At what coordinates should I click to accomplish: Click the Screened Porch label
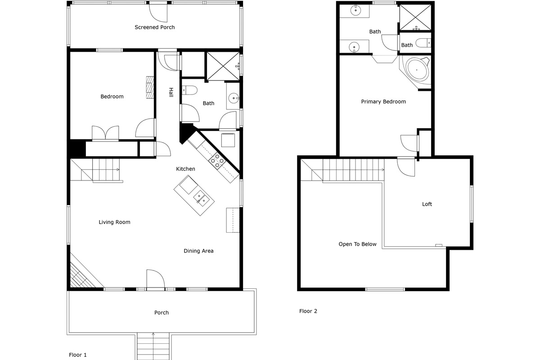point(154,27)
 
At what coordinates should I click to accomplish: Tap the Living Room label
point(114,222)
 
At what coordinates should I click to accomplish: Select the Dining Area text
point(198,251)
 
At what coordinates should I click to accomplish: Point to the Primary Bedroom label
point(383,102)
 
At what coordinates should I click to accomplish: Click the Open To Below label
point(357,244)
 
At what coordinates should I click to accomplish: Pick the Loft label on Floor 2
point(427,204)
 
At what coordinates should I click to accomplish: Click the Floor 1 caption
point(77,355)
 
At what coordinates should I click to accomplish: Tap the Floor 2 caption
point(308,311)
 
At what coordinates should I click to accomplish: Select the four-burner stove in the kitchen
point(217,161)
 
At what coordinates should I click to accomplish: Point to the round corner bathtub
point(417,70)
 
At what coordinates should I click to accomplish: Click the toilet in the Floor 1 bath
point(189,90)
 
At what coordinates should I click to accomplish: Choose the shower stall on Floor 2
point(415,18)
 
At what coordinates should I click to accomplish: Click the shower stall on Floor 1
point(223,66)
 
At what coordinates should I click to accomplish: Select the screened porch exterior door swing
point(158,13)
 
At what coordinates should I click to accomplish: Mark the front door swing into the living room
point(156,279)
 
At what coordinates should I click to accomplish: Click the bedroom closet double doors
point(105,133)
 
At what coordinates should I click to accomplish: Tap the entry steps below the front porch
point(153,346)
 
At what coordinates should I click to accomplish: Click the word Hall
point(171,92)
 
